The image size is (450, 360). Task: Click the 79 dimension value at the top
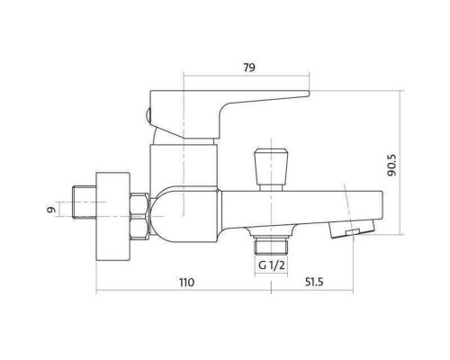tap(249, 67)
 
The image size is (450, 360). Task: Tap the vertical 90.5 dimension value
tap(391, 166)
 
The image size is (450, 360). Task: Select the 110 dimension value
tap(186, 283)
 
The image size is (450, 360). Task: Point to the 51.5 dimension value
tap(314, 282)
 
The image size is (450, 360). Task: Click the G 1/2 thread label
tap(271, 265)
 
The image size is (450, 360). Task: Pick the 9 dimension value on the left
tap(51, 209)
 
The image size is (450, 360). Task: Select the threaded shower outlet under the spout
tap(271, 245)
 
